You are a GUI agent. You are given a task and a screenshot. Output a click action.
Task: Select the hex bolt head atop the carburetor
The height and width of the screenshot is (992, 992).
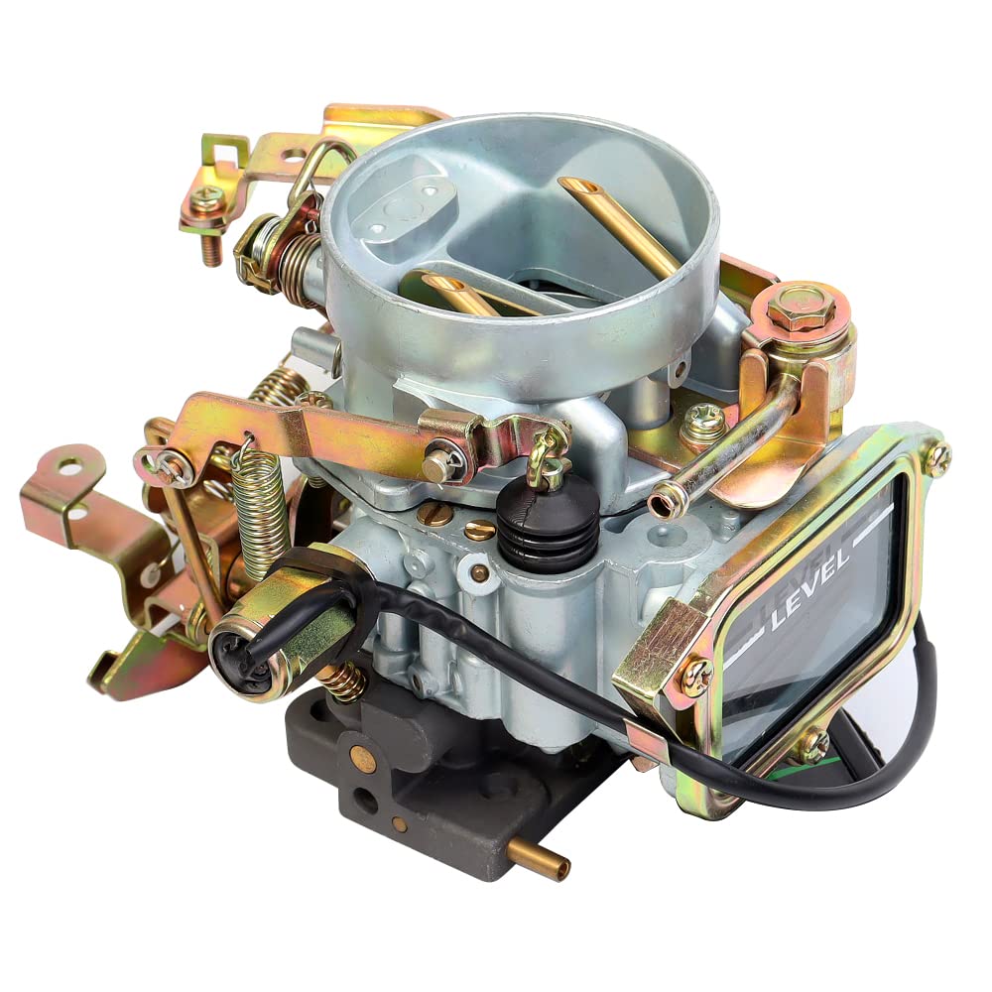click(800, 307)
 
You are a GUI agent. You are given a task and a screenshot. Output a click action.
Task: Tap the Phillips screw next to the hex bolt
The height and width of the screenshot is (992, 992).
click(704, 422)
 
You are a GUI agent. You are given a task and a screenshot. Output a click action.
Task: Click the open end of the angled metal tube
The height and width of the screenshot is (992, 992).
click(661, 507)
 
